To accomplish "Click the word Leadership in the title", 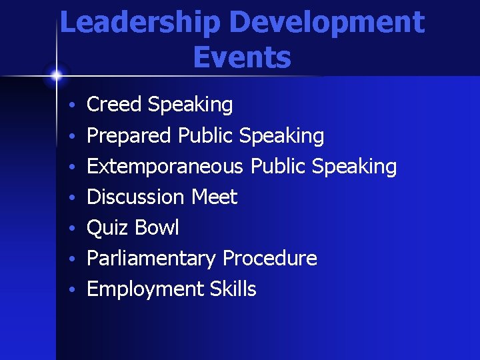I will tap(139, 23).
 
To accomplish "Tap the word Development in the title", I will tap(327, 23).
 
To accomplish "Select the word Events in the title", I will tap(242, 57).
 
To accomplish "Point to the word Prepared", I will tap(129, 136).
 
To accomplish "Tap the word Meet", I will tap(214, 197).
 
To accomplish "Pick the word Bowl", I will tap(156, 227).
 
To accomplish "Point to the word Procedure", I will tap(269, 258).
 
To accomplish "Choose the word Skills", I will tap(233, 289).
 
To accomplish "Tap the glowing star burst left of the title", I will tap(57, 75).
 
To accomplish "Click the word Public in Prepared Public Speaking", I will tap(205, 136).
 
